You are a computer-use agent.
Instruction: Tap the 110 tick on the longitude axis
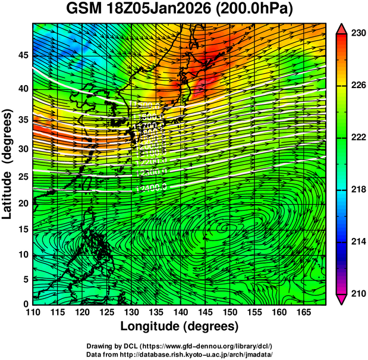33,312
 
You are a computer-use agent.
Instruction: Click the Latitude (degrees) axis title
8,164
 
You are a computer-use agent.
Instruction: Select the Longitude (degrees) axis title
180,326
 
